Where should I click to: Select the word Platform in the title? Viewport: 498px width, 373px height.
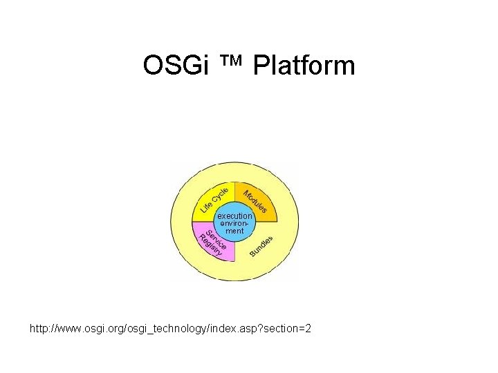coord(304,66)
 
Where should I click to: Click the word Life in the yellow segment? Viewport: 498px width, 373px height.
coord(207,204)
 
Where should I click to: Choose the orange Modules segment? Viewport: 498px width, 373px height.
coord(255,200)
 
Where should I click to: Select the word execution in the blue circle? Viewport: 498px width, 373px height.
coord(235,216)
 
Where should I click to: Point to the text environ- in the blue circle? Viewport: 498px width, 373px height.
coord(235,223)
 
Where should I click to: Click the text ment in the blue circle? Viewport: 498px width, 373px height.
coord(235,231)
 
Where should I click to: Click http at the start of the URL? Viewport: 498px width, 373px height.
coord(38,328)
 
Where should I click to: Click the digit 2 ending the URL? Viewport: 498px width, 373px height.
coord(308,328)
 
